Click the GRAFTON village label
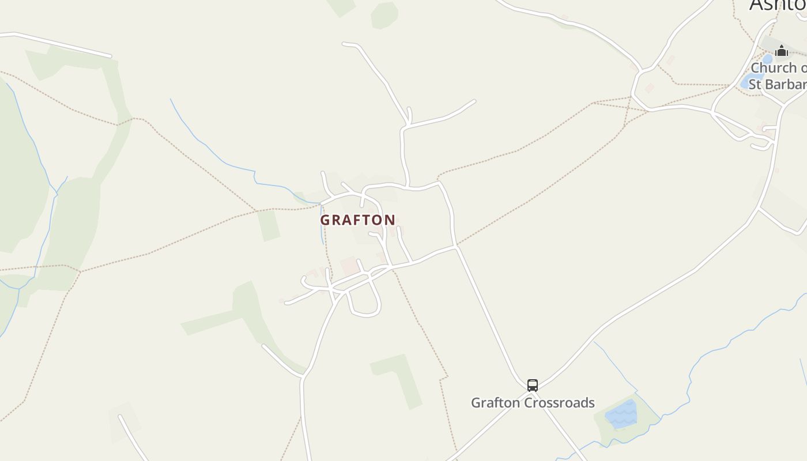point(358,220)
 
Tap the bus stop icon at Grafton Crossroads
point(533,385)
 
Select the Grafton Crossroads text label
point(533,402)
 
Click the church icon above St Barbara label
point(781,51)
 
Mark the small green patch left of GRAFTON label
point(269,225)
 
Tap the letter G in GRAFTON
point(325,220)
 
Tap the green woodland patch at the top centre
point(384,15)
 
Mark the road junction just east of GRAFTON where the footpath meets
point(455,247)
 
